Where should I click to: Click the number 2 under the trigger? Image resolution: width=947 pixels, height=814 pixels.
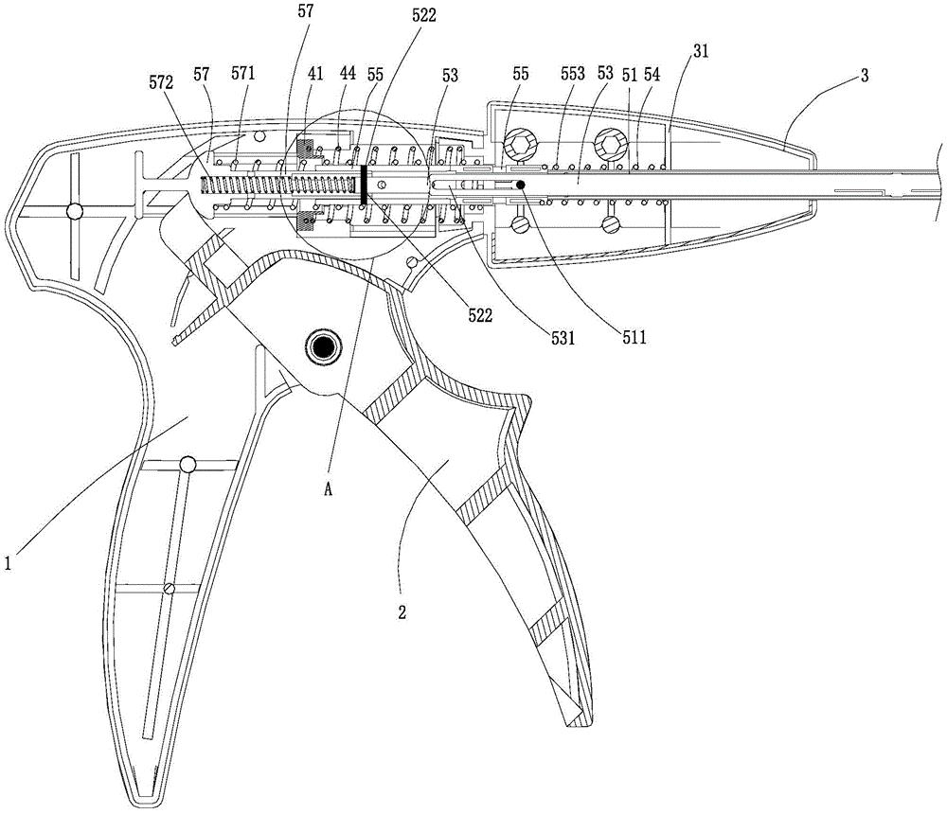(x=402, y=612)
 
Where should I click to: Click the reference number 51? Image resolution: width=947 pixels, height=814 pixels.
(x=626, y=72)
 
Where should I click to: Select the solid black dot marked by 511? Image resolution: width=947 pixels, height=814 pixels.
(x=520, y=185)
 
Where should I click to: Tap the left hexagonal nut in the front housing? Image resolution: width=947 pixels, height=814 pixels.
(x=521, y=146)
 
